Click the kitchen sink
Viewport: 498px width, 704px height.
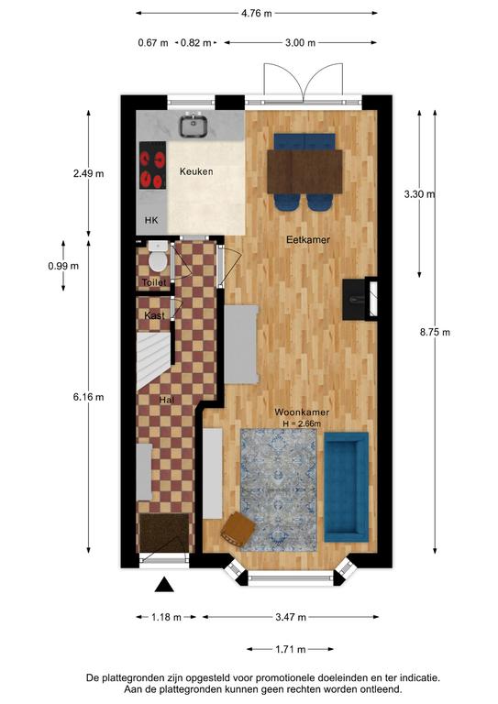pyautogui.click(x=194, y=126)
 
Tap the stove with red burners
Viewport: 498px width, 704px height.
pyautogui.click(x=152, y=165)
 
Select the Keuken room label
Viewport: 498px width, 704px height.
pyautogui.click(x=196, y=171)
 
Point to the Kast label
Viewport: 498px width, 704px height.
pyautogui.click(x=154, y=315)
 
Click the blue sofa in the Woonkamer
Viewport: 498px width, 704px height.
pyautogui.click(x=347, y=487)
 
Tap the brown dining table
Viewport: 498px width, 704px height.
pyautogui.click(x=304, y=171)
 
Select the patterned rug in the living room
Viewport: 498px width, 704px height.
pyautogui.click(x=279, y=489)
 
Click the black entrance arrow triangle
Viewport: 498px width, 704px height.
pyautogui.click(x=164, y=585)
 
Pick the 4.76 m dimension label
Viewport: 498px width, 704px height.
pyautogui.click(x=257, y=14)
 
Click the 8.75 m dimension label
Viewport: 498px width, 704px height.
pyautogui.click(x=435, y=333)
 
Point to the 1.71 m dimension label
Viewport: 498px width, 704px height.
pyautogui.click(x=290, y=649)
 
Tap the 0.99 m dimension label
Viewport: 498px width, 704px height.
pyautogui.click(x=63, y=266)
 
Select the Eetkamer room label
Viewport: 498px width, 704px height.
pyautogui.click(x=308, y=240)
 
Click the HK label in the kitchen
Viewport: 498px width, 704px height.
pyautogui.click(x=151, y=220)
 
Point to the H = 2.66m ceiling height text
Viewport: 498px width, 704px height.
pyautogui.click(x=302, y=423)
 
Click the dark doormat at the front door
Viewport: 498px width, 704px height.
pyautogui.click(x=164, y=533)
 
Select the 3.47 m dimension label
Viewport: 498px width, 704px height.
pyautogui.click(x=291, y=617)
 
